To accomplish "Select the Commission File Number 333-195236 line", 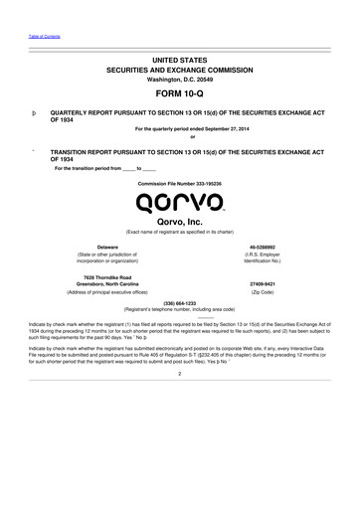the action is [x=180, y=185].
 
